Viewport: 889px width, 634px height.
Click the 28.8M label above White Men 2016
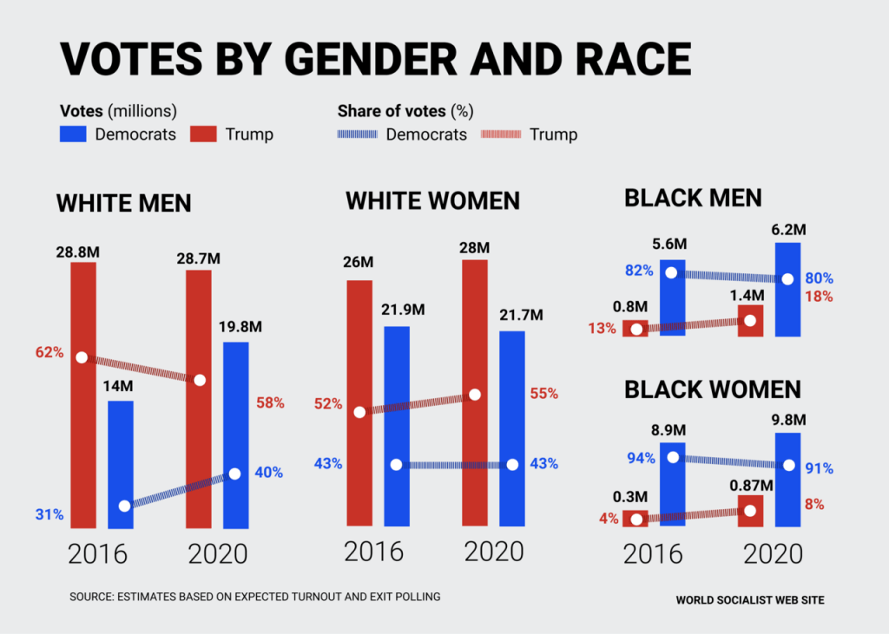pyautogui.click(x=82, y=252)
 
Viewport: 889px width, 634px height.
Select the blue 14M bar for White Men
pyautogui.click(x=121, y=464)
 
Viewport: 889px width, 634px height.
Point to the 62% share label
pyautogui.click(x=49, y=353)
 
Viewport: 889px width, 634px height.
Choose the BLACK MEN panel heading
pyautogui.click(x=693, y=198)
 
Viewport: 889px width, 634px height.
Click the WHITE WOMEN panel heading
pyautogui.click(x=432, y=201)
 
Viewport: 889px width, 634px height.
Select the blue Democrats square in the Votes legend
pyautogui.click(x=72, y=134)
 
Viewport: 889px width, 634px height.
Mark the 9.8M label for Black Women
pyautogui.click(x=788, y=420)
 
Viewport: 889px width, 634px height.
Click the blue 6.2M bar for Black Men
pyautogui.click(x=787, y=289)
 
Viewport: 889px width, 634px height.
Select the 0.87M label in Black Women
pyautogui.click(x=750, y=482)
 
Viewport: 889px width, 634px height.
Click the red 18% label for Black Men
pyautogui.click(x=820, y=297)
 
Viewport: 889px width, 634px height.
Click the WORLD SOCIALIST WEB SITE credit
pyautogui.click(x=750, y=599)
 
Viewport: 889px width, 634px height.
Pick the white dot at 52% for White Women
pyautogui.click(x=359, y=412)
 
